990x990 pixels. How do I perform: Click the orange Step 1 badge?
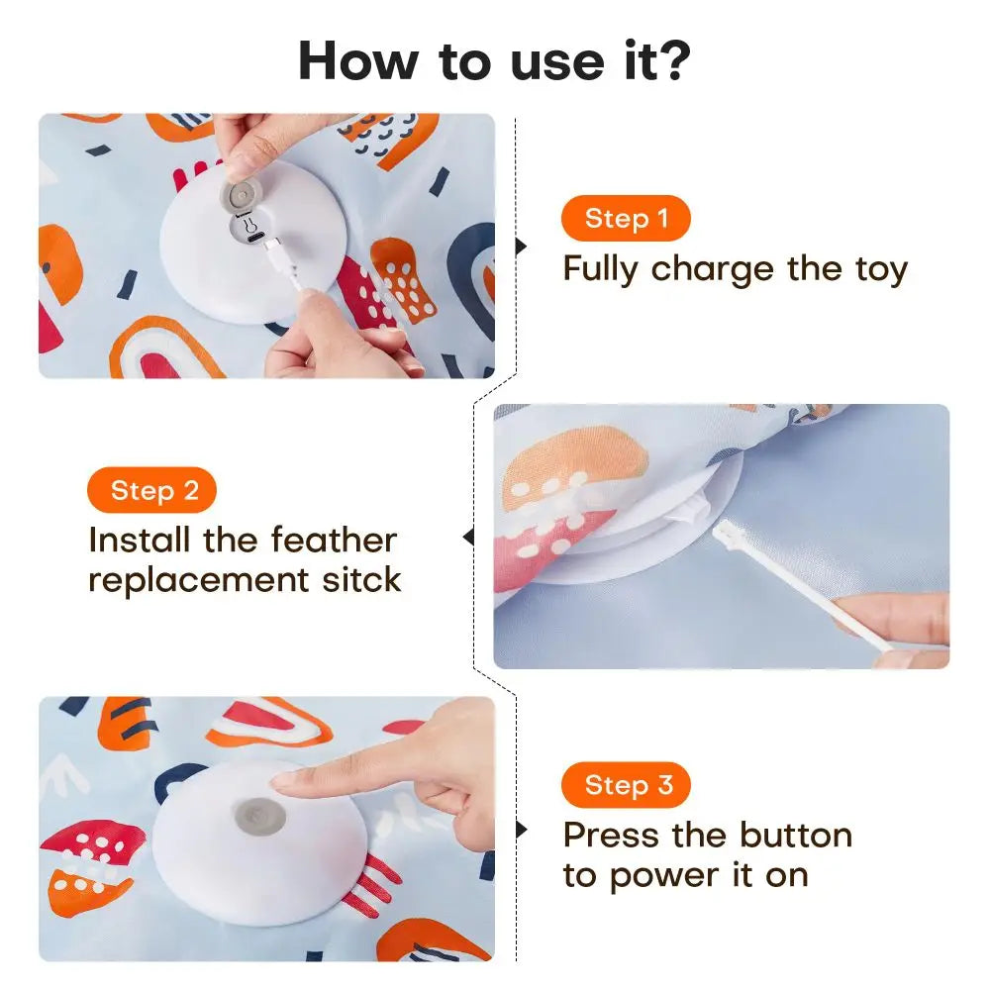pos(625,219)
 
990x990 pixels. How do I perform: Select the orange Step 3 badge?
pos(625,786)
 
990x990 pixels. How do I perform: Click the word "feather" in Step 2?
pos(334,541)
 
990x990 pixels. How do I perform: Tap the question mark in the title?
pos(673,61)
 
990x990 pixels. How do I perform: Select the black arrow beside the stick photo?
pos(468,538)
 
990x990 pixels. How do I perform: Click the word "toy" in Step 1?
pos(879,269)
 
